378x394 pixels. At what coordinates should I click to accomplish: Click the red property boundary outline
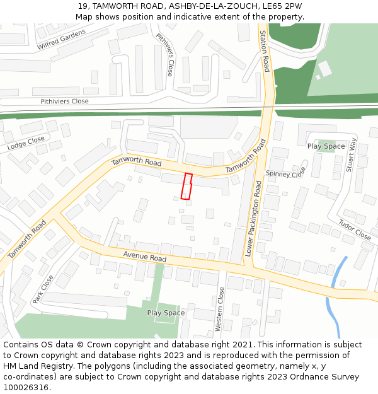pyautogui.click(x=186, y=187)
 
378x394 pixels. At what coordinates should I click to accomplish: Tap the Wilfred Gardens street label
pyautogui.click(x=60, y=39)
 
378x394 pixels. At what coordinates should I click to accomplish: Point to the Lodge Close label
pyautogui.click(x=26, y=143)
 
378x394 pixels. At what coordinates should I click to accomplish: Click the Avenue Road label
pyautogui.click(x=144, y=257)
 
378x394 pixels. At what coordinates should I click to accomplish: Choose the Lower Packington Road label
pyautogui.click(x=253, y=217)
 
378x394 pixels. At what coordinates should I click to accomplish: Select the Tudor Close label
pyautogui.click(x=355, y=230)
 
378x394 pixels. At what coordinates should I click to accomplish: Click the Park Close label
pyautogui.click(x=43, y=289)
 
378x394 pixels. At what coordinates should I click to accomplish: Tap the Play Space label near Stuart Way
pyautogui.click(x=326, y=146)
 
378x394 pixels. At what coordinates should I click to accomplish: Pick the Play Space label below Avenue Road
pyautogui.click(x=166, y=313)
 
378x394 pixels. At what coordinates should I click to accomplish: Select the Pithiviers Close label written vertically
pyautogui.click(x=165, y=55)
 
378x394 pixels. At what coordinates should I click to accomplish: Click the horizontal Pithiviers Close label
pyautogui.click(x=64, y=101)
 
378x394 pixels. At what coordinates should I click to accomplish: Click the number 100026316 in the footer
pyautogui.click(x=25, y=388)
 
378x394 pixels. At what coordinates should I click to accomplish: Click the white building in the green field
pyautogui.click(x=324, y=68)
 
